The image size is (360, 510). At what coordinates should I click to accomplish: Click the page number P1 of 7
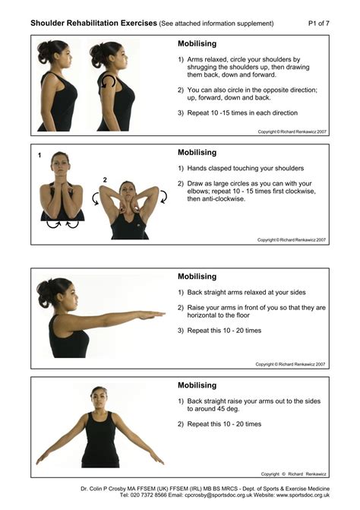tap(319, 24)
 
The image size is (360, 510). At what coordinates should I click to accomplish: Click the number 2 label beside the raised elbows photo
tap(104, 180)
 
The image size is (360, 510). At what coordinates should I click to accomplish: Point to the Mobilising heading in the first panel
tap(197, 44)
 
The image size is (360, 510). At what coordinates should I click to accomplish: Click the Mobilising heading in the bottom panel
tap(197, 385)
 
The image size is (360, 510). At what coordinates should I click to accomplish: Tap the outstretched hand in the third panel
tap(155, 314)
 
